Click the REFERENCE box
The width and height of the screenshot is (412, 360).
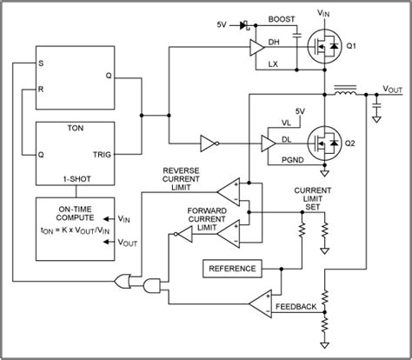[230, 269]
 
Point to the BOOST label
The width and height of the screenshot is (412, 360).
[282, 18]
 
